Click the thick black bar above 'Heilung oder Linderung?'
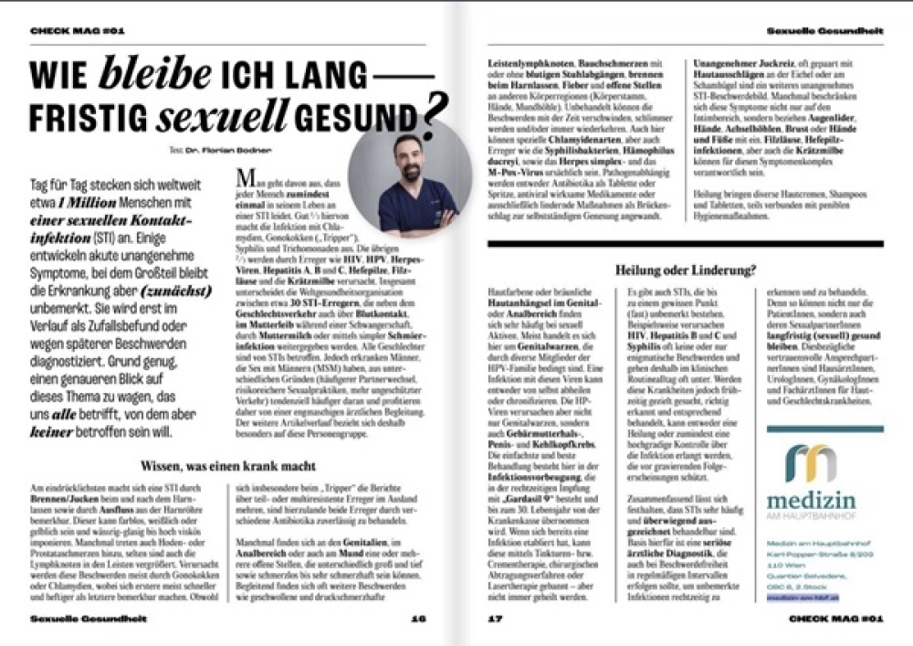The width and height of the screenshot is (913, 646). pyautogui.click(x=684, y=245)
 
